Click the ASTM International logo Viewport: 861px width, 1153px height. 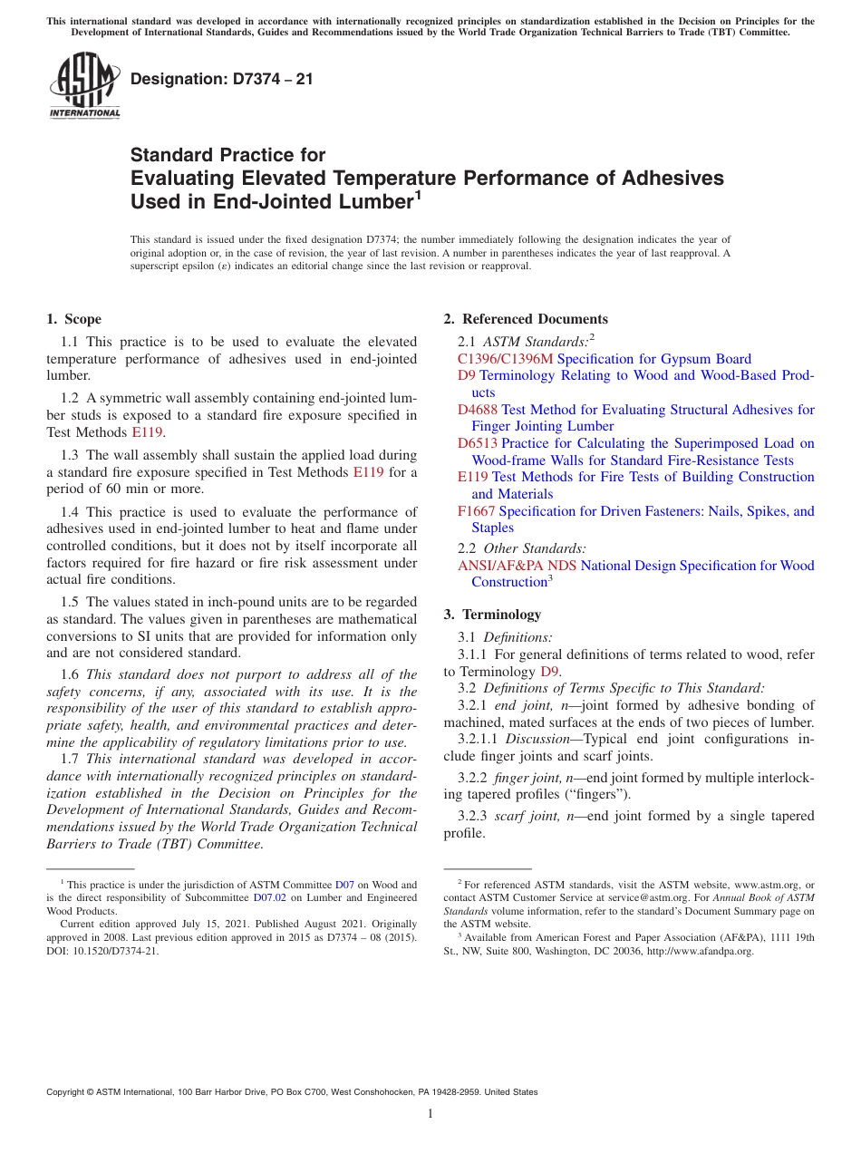[x=84, y=85]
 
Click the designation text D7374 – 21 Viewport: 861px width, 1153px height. [x=222, y=79]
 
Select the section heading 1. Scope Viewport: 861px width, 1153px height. [x=73, y=319]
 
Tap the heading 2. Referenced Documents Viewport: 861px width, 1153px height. [x=526, y=319]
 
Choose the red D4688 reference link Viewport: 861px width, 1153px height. [x=478, y=410]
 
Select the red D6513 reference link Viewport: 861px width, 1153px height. [x=478, y=443]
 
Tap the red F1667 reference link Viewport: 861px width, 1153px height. [x=477, y=511]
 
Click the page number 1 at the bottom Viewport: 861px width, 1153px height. [x=430, y=1113]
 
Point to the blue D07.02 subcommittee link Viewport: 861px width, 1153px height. [x=269, y=897]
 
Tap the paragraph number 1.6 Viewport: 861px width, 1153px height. [x=71, y=674]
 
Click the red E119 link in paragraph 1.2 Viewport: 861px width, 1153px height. [x=147, y=432]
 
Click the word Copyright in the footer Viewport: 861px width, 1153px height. [x=68, y=1092]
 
